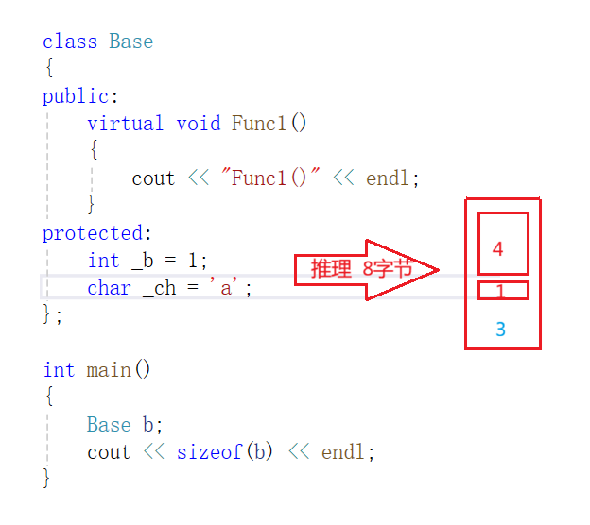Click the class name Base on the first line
(x=130, y=42)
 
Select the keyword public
(x=78, y=96)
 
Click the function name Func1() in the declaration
(x=269, y=124)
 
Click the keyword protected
(x=95, y=233)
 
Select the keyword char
(x=109, y=288)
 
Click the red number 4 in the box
(x=498, y=249)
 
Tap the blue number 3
(x=500, y=330)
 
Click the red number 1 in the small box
(x=501, y=291)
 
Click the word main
(x=109, y=369)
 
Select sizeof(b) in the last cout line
(x=225, y=452)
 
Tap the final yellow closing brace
(x=45, y=479)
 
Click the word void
(x=199, y=124)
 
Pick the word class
(x=69, y=42)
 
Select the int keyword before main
(x=58, y=369)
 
